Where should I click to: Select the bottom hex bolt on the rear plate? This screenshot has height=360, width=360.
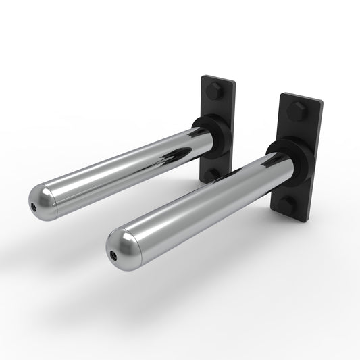tap(211, 174)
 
